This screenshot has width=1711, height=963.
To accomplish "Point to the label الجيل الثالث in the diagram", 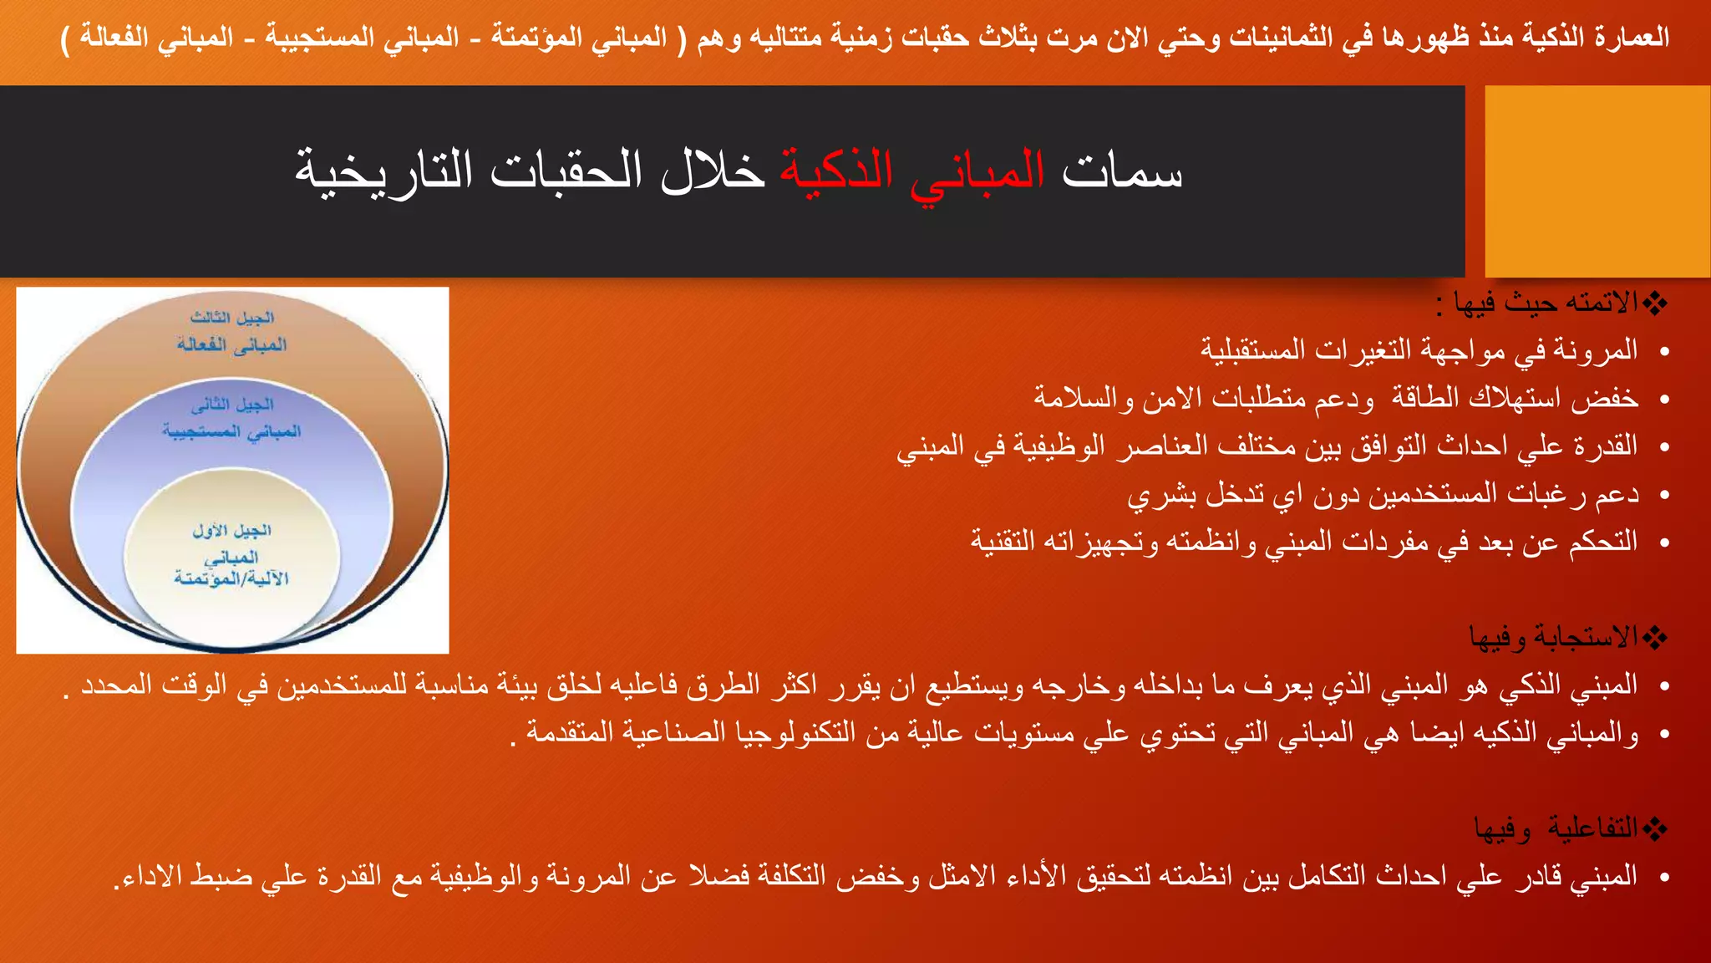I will coord(232,318).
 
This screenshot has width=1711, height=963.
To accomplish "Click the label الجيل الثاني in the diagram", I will coord(232,405).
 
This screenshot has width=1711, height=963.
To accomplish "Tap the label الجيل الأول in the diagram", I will coord(232,531).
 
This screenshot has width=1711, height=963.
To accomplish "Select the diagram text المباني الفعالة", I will coord(232,344).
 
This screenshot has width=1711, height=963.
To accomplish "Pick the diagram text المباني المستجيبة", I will coord(232,431).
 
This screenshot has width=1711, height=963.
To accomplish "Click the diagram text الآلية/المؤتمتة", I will coord(232,578).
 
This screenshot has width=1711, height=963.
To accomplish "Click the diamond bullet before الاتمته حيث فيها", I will coord(1655,303).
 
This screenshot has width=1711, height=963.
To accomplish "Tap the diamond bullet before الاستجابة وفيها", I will coord(1655,639).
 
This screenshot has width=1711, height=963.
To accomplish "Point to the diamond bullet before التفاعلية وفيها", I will coord(1655,828).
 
